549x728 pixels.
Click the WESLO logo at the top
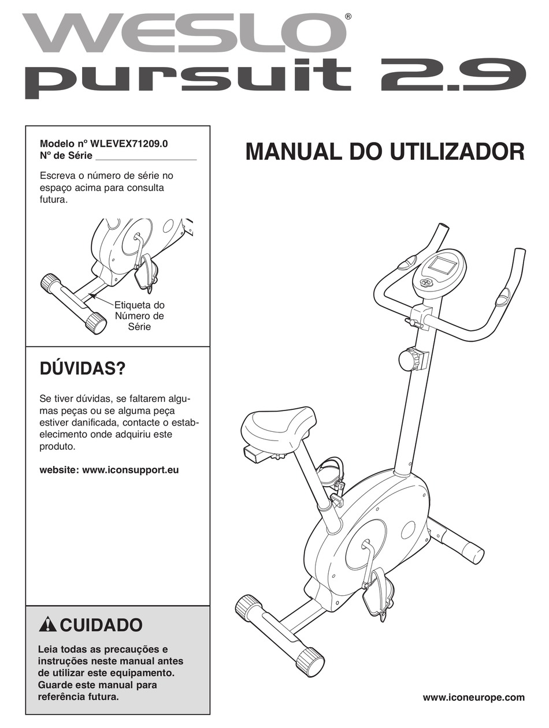[185, 33]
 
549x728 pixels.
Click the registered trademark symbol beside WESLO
[347, 16]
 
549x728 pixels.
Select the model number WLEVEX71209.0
[129, 144]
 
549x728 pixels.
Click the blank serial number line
[146, 159]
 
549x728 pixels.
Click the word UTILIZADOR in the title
[457, 151]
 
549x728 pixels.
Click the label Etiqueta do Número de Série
[139, 315]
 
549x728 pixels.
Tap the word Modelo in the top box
[55, 144]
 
